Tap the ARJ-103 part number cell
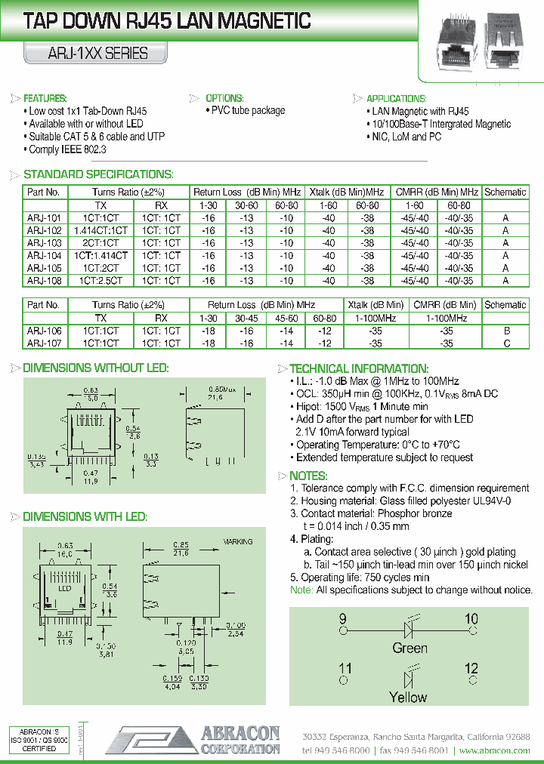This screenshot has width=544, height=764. click(x=45, y=243)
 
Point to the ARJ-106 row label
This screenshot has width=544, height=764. click(x=45, y=331)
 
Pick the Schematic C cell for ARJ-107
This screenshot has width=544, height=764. click(x=506, y=343)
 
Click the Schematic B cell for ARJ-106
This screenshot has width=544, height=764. click(x=506, y=331)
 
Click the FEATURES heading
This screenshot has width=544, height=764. click(x=45, y=99)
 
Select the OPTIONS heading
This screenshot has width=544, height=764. click(x=224, y=99)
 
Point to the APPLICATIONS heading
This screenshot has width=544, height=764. click(x=397, y=99)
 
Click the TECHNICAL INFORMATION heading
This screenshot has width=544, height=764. click(x=359, y=368)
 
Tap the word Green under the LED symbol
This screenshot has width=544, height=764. click(x=410, y=648)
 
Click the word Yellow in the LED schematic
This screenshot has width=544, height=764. click(x=408, y=697)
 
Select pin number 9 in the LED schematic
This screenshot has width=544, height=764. click(x=343, y=619)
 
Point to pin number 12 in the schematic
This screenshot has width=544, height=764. click(x=471, y=668)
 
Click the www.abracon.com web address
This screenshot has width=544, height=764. click(x=494, y=751)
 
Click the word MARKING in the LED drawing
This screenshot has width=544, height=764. click(x=238, y=542)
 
